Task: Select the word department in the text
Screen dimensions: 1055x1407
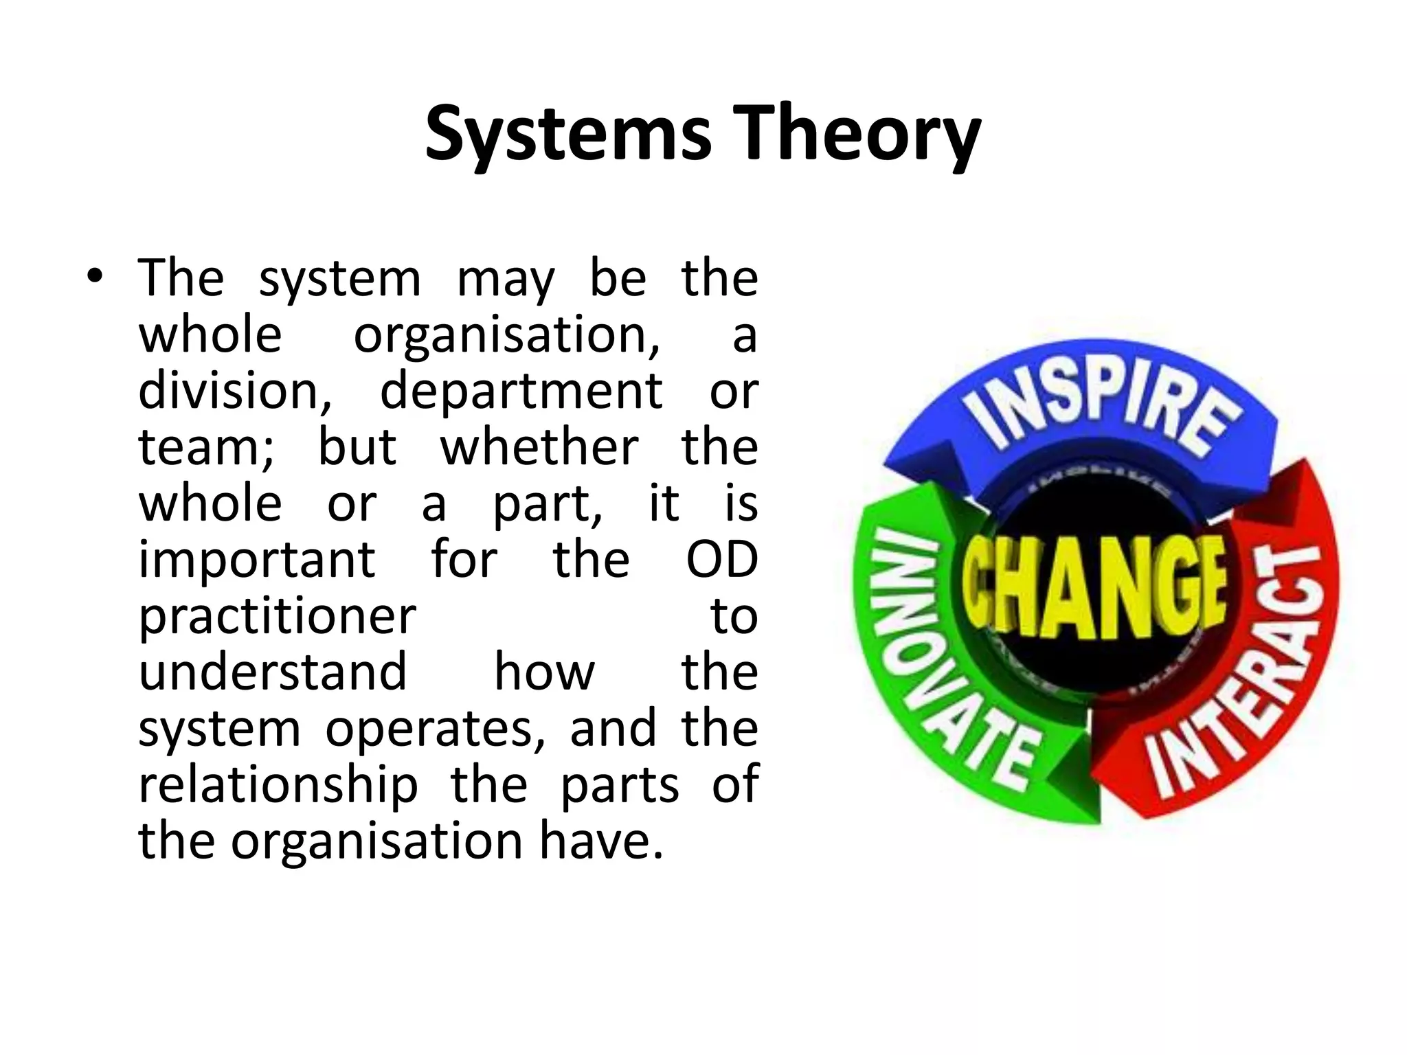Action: click(521, 392)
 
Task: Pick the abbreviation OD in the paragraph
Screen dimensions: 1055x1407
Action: click(721, 560)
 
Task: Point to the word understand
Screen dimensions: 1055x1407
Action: click(273, 672)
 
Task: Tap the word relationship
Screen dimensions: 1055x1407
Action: click(278, 785)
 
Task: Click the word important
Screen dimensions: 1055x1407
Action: click(257, 560)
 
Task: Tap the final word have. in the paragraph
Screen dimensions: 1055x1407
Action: click(602, 841)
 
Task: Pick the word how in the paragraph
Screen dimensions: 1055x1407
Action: click(544, 672)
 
